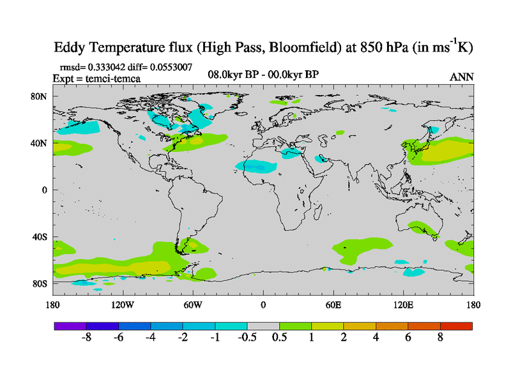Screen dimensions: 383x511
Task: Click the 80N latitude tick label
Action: (40, 96)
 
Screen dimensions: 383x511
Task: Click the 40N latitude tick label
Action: (40, 143)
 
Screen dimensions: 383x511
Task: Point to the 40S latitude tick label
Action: (40, 237)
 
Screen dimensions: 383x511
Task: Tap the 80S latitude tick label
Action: (40, 283)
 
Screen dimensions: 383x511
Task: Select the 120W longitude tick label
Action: (123, 304)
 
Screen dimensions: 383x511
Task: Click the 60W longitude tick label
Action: (193, 304)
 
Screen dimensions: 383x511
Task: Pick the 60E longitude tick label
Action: (333, 304)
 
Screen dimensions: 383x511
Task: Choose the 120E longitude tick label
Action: (404, 304)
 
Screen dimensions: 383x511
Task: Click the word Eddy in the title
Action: (70, 48)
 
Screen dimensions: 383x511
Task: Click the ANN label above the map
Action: (462, 77)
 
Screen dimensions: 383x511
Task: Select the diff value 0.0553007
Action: (173, 66)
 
